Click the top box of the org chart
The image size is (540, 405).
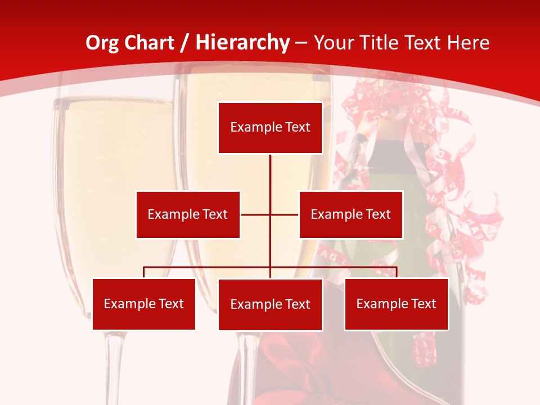(270, 128)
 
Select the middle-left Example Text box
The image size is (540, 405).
(188, 214)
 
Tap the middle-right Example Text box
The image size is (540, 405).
(350, 214)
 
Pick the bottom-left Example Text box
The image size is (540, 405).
(144, 304)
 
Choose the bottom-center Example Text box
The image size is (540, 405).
(270, 304)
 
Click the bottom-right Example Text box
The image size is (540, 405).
(396, 304)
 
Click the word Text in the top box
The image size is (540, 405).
(297, 127)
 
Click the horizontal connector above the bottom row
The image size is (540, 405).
(208, 267)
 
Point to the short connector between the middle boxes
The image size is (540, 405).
(256, 214)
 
